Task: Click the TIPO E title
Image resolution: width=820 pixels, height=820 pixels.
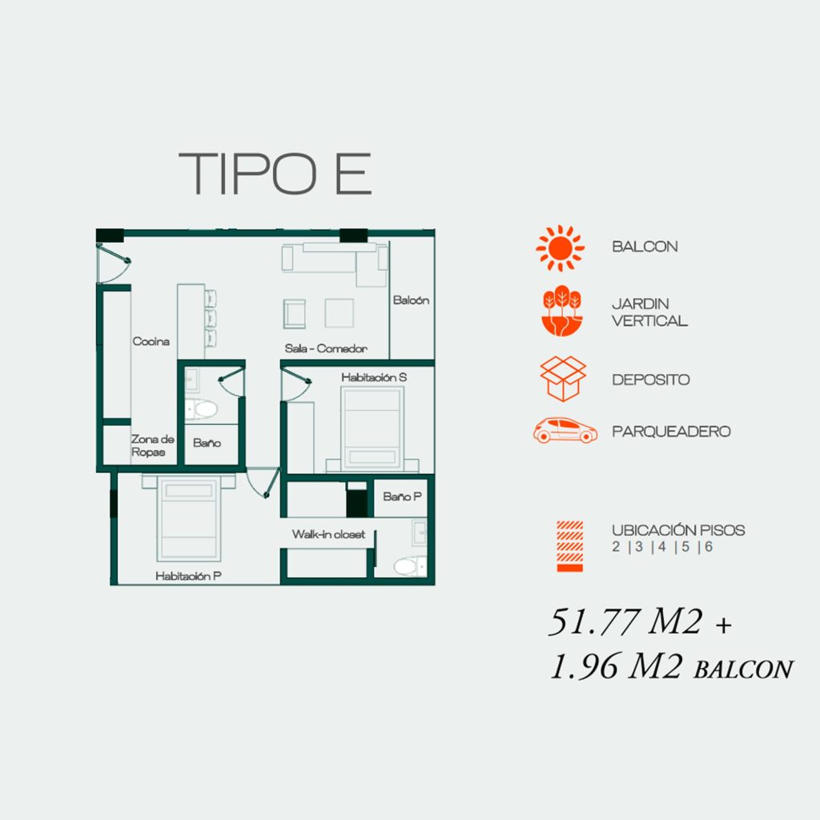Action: [x=275, y=174]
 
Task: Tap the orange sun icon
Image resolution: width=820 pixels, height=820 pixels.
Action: [x=560, y=248]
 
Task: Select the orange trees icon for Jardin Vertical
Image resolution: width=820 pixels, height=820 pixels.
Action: [x=561, y=311]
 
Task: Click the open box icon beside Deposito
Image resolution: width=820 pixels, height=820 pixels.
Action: [x=563, y=379]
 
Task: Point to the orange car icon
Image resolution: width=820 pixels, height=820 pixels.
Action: [x=565, y=430]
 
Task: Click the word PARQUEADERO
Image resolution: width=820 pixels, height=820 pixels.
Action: [x=671, y=432]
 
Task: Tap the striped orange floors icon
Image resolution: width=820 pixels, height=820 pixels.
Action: [x=569, y=546]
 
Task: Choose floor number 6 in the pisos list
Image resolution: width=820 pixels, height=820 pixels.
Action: [x=709, y=546]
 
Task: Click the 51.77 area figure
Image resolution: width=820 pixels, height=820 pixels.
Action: [x=595, y=621]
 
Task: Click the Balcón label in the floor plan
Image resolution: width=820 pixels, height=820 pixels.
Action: [x=411, y=300]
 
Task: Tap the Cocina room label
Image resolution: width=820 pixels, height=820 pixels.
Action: [x=151, y=341]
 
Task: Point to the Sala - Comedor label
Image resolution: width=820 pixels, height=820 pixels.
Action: [x=326, y=348]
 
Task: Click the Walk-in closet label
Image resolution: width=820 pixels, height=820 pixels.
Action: [x=328, y=534]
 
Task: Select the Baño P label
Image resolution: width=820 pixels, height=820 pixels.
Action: [x=402, y=496]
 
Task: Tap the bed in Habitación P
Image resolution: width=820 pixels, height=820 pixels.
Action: [x=189, y=518]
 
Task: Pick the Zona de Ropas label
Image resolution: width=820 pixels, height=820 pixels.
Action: [x=152, y=445]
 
